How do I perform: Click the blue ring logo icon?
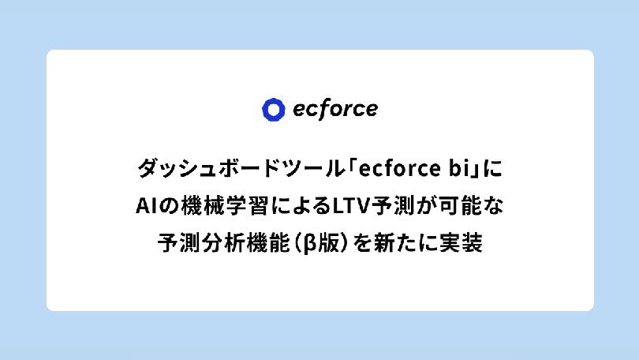click(273, 110)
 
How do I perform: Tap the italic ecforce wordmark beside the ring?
click(335, 109)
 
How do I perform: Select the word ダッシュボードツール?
click(240, 168)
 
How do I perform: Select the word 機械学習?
click(225, 206)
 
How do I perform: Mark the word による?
click(301, 206)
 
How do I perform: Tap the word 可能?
click(461, 206)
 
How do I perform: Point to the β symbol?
click(311, 244)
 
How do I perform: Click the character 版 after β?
click(329, 243)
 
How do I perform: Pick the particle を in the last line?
click(363, 243)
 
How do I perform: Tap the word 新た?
click(394, 243)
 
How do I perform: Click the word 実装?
click(461, 243)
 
